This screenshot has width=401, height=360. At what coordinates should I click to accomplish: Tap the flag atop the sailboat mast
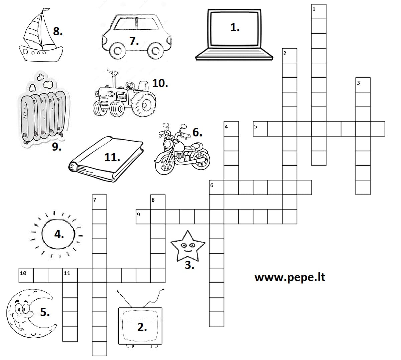pyautogui.click(x=47, y=10)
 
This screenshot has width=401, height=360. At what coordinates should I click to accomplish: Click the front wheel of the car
pyautogui.click(x=117, y=51)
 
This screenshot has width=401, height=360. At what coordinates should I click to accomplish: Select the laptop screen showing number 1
pyautogui.click(x=235, y=29)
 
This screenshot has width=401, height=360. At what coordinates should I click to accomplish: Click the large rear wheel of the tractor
pyautogui.click(x=144, y=105)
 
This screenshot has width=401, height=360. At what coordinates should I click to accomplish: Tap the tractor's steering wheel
pyautogui.click(x=130, y=85)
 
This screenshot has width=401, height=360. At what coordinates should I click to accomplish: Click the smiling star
pyautogui.click(x=188, y=246)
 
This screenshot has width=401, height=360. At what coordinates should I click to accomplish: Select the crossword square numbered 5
pyautogui.click(x=260, y=129)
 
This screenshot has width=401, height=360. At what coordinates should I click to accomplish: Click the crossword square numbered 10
pyautogui.click(x=26, y=275)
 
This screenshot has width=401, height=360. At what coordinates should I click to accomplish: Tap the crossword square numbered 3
pyautogui.click(x=363, y=85)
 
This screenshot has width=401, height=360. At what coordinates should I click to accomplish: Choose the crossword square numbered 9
pyautogui.click(x=143, y=217)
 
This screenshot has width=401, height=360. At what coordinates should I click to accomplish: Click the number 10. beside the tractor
pyautogui.click(x=160, y=83)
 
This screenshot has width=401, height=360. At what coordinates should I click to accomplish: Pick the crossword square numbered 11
pyautogui.click(x=70, y=275)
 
